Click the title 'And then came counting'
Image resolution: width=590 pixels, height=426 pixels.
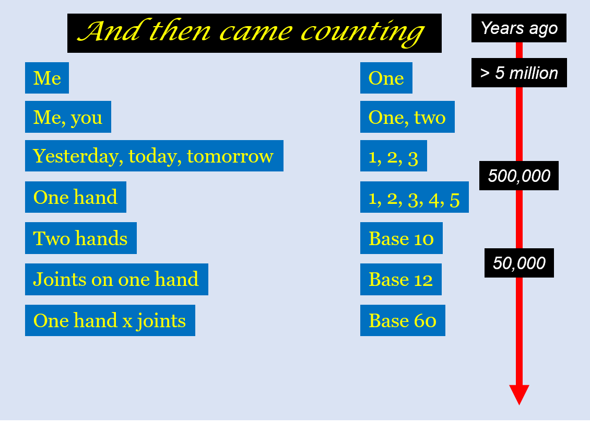254,33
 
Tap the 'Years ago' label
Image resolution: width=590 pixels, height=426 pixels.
519,28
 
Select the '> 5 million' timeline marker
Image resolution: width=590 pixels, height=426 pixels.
520,73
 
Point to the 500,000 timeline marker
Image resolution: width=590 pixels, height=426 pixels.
519,176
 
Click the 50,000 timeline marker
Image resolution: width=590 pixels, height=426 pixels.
520,263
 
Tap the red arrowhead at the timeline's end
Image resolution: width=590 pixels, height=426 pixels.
520,394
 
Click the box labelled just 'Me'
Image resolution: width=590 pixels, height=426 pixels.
47,78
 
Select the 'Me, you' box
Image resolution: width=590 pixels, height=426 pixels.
68,117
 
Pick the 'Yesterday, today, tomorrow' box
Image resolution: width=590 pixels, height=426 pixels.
154,156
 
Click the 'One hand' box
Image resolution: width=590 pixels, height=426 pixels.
76,197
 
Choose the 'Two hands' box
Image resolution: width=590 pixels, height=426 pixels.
81,238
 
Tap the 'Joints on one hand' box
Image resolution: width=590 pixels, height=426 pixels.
116,279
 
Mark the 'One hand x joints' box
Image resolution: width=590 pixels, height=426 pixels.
110,320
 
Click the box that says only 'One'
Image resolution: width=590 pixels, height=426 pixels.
386,78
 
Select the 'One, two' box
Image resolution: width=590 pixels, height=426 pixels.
407,117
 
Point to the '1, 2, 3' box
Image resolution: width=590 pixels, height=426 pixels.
394,156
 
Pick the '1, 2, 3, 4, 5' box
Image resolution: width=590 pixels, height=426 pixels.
415,197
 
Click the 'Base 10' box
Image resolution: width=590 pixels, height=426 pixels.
402,238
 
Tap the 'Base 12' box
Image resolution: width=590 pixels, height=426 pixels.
401,279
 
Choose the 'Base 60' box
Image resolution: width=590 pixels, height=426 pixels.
403,320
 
